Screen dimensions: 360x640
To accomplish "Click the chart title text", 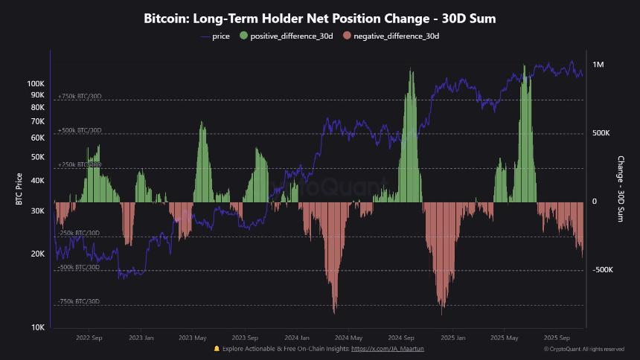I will [x=319, y=19].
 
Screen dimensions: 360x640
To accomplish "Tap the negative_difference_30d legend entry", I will [x=395, y=36].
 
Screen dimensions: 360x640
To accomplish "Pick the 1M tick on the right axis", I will [x=598, y=65].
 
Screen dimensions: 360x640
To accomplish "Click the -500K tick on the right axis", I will [x=602, y=270].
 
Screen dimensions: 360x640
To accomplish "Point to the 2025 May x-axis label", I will [x=505, y=337].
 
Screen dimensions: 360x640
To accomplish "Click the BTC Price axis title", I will [x=19, y=190].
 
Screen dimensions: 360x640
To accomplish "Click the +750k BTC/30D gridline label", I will [x=79, y=97].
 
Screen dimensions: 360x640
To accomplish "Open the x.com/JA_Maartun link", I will [x=387, y=348].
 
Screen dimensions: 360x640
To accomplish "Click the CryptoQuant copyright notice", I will [x=583, y=349].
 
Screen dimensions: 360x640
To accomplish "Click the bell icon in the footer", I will [x=217, y=348].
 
